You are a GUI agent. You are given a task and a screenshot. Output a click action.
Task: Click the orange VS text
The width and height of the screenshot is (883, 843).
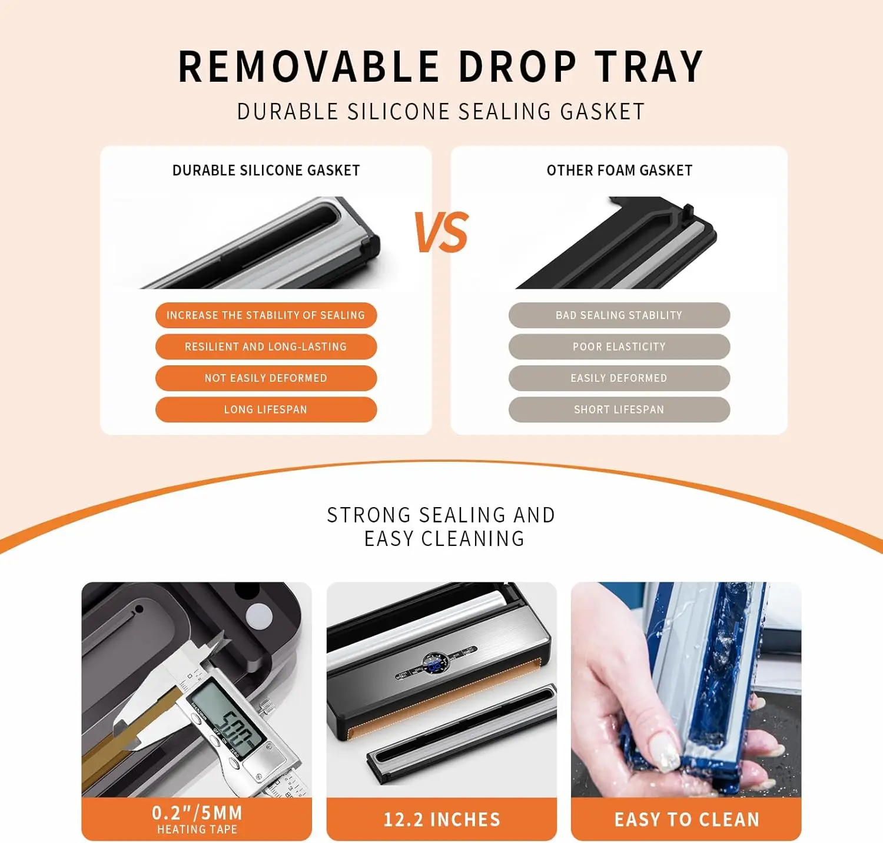(441, 232)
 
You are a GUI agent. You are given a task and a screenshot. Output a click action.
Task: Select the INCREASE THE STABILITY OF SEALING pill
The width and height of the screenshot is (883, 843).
(265, 315)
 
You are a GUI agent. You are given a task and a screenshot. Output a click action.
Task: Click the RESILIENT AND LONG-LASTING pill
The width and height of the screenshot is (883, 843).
(265, 346)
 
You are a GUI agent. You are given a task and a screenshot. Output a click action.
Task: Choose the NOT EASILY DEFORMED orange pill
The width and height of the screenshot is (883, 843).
(265, 378)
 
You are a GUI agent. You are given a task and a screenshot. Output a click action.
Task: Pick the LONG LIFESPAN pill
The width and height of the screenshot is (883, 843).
(265, 409)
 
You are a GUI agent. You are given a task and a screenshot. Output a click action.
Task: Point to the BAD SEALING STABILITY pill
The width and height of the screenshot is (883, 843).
(619, 315)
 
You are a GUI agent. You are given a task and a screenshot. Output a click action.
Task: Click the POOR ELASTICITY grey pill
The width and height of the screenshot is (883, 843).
(619, 346)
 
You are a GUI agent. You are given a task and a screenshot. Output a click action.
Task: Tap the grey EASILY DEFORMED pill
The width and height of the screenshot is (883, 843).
(619, 378)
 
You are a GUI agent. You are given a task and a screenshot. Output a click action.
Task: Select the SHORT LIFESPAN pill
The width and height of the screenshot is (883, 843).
(619, 409)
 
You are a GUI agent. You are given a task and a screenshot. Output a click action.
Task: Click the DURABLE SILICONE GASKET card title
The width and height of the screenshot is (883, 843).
(265, 171)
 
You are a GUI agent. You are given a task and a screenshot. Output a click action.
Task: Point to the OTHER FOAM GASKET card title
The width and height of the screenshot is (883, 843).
(619, 171)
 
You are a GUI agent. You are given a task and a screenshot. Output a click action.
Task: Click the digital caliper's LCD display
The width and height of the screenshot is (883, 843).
(227, 721)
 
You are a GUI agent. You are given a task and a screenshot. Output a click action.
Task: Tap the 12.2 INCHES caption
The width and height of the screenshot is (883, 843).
(441, 819)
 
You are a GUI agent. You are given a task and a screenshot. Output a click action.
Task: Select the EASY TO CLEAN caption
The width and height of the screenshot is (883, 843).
(686, 819)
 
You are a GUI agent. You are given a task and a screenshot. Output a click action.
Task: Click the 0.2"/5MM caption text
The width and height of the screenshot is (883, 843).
(197, 813)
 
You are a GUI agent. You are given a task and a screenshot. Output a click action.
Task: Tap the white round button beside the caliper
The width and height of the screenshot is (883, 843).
(259, 615)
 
